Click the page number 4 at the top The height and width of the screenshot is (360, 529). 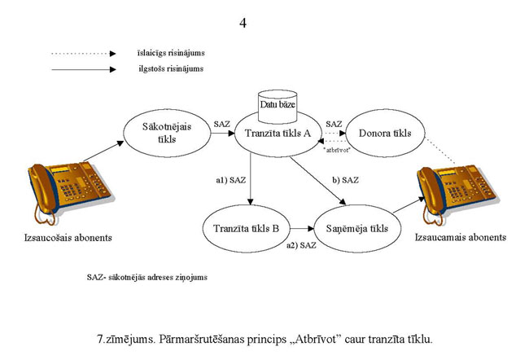(242, 22)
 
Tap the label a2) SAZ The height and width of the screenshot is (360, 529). (302, 245)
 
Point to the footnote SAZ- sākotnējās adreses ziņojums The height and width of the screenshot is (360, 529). (146, 277)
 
